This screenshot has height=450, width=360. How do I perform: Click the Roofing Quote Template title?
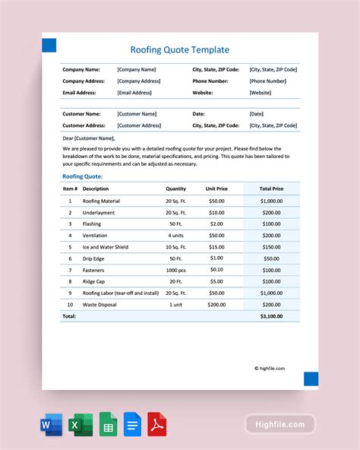click(179, 49)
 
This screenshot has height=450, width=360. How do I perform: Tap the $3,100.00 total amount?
click(271, 315)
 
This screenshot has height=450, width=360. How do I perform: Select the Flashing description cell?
click(91, 224)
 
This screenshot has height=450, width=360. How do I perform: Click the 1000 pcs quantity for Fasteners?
click(175, 269)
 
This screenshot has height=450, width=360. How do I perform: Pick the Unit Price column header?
click(216, 189)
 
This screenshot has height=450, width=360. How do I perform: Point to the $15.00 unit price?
click(216, 246)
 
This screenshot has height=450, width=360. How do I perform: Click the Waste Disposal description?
click(99, 303)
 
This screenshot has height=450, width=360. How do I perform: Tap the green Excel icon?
click(81, 424)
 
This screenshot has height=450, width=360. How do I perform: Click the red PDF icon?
click(157, 424)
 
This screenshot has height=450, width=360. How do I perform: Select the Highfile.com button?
click(279, 424)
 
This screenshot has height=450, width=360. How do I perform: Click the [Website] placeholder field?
click(260, 93)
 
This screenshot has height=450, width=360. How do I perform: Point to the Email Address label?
click(79, 93)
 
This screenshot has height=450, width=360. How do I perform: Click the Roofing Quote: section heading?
click(82, 176)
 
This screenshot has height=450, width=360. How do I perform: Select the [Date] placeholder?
click(256, 114)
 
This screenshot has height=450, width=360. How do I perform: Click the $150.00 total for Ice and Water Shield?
click(271, 246)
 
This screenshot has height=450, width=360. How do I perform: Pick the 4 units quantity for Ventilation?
click(175, 236)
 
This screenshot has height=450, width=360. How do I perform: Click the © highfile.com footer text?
click(270, 368)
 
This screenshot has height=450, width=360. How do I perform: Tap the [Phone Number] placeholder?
click(268, 81)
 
